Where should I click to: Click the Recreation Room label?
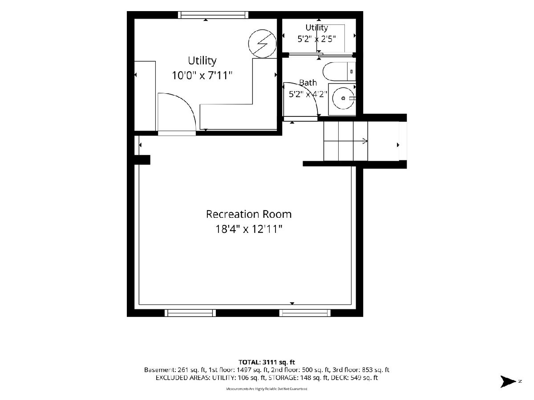(249, 214)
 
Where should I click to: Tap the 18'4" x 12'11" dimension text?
(249, 229)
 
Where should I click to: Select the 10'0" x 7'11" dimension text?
(202, 75)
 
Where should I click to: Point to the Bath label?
(308, 83)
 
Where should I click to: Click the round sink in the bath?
(343, 98)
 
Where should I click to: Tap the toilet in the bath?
(339, 72)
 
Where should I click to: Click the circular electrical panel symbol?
(262, 44)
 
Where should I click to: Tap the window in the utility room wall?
(213, 15)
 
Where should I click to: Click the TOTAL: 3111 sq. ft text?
(267, 362)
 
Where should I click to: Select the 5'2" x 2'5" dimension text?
(317, 39)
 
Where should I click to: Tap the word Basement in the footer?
(160, 370)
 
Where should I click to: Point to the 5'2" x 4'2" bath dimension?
(308, 94)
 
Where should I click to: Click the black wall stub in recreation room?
(142, 160)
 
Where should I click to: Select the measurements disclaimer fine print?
(267, 389)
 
